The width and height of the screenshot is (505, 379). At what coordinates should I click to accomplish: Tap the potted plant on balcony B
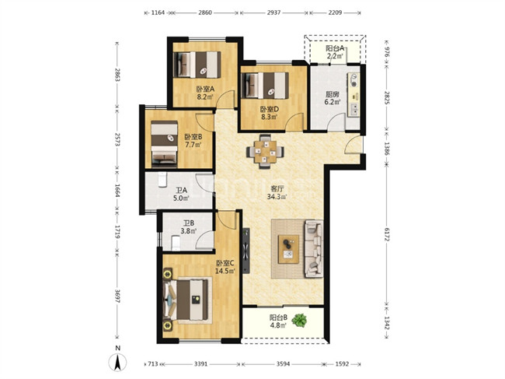299,321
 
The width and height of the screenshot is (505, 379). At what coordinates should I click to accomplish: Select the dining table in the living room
265,151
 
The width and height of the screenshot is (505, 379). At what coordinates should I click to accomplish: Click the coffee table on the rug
288,249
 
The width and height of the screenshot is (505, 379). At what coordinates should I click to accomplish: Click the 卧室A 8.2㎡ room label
205,93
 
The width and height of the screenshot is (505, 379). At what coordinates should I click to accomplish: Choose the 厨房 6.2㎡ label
333,98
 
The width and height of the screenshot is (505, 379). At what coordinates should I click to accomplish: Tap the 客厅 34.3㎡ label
277,192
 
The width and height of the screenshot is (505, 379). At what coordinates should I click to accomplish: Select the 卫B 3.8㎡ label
189,226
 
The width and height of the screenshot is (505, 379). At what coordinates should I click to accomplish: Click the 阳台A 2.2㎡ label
335,52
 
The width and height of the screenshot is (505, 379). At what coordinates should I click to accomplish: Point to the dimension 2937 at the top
273,12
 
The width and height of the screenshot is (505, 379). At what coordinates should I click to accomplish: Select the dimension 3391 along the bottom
200,364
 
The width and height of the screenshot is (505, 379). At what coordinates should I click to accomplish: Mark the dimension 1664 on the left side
117,191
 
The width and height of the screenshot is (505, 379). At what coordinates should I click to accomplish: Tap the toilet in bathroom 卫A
162,179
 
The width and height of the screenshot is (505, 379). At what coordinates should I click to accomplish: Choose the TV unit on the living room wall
246,251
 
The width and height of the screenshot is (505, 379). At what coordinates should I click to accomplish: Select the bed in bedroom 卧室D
265,86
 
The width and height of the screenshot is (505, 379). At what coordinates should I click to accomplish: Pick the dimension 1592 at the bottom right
342,364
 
